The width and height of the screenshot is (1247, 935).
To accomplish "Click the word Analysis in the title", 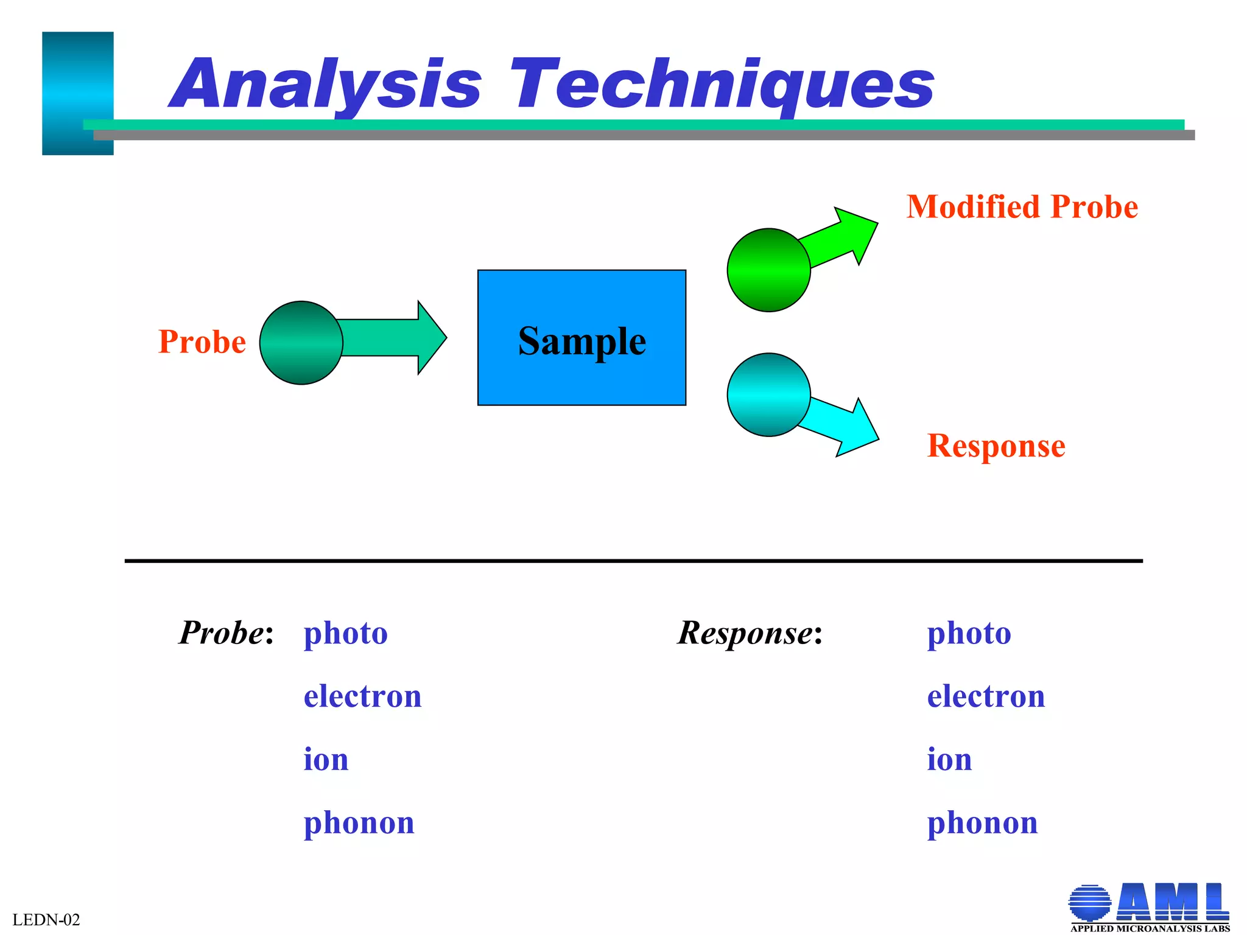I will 326,85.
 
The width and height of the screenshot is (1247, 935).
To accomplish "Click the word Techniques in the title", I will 722,85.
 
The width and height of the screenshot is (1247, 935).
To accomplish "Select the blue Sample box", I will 581,338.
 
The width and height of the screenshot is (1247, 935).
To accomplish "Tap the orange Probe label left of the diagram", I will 202,342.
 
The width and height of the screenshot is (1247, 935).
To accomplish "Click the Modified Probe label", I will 1022,207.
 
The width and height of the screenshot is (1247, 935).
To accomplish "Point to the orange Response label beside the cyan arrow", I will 996,446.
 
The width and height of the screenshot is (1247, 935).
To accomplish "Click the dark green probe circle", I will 301,343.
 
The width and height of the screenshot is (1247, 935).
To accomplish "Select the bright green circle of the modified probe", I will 768,270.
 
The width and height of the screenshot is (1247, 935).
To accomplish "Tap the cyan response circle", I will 768,395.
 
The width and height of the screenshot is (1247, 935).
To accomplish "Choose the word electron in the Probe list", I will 362,696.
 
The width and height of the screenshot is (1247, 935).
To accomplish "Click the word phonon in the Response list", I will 982,823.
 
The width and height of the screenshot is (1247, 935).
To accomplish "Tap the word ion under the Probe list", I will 326,760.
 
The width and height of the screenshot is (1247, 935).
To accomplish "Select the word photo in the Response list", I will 969,634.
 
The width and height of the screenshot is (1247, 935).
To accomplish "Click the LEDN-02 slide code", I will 46,920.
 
